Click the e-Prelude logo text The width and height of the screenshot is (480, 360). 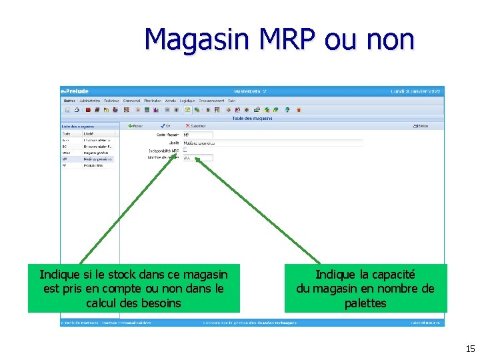[75, 91]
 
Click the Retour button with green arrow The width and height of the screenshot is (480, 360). [135, 125]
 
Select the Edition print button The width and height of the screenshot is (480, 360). [421, 125]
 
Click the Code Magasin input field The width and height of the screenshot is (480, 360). [197, 135]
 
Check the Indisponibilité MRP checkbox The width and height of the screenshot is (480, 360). [185, 151]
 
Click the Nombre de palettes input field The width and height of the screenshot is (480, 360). [197, 158]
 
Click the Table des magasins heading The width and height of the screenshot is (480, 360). [252, 118]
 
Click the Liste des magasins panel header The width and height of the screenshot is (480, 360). [78, 126]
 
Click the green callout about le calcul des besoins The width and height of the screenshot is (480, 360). [133, 289]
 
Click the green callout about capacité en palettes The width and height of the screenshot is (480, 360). [365, 289]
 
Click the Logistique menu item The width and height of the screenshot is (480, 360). [187, 101]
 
